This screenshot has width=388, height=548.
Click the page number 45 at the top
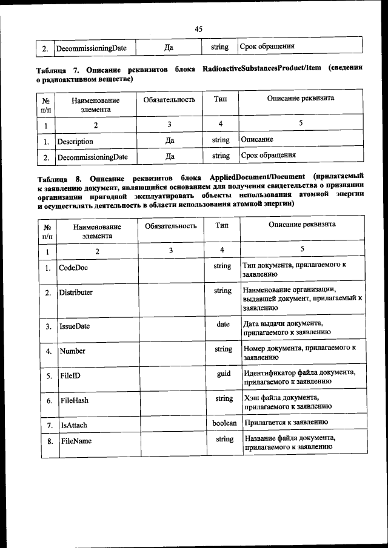coord(198,28)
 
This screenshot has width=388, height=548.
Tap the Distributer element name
coord(76,292)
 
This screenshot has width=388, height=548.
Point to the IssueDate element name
coord(75,326)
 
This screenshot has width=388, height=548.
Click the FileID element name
coord(70,376)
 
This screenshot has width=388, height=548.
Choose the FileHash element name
coord(75,401)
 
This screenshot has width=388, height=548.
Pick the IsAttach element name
coord(74,426)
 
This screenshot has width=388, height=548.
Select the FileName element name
coord(76,441)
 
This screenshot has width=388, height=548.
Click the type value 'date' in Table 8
coord(223,324)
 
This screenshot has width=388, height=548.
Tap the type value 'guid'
coord(224,374)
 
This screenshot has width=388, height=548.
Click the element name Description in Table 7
coord(75,142)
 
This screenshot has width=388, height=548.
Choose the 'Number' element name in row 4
coord(72,351)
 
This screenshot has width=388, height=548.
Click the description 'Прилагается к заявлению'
coord(286,422)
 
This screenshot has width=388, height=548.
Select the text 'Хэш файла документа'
coord(281,397)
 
